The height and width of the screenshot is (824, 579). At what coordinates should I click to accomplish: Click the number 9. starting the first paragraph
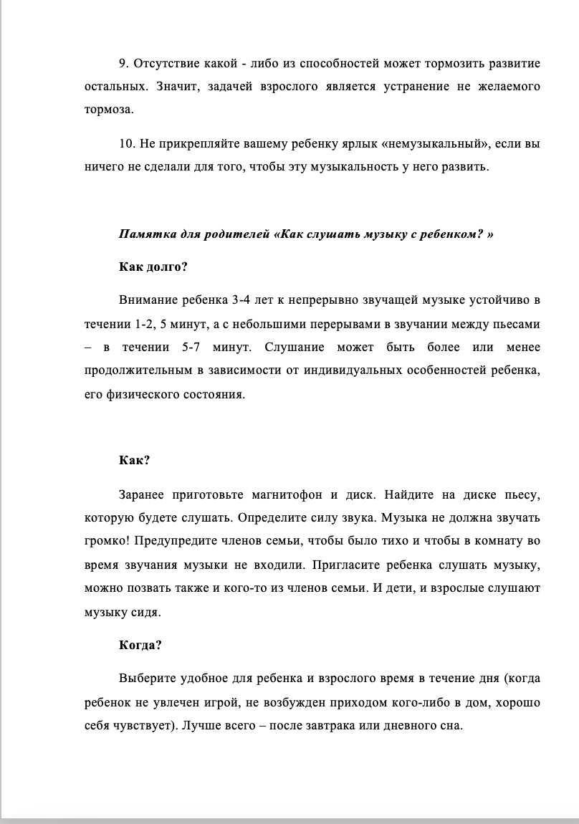tap(123, 64)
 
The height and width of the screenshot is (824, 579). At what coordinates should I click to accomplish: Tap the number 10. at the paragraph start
tap(127, 143)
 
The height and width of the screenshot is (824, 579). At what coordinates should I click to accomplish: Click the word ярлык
tap(358, 143)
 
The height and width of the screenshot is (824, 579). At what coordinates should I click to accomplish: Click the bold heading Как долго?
tap(153, 267)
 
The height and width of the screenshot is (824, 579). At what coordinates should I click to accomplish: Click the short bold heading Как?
tap(134, 460)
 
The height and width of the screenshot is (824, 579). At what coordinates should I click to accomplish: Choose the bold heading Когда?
tap(140, 644)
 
